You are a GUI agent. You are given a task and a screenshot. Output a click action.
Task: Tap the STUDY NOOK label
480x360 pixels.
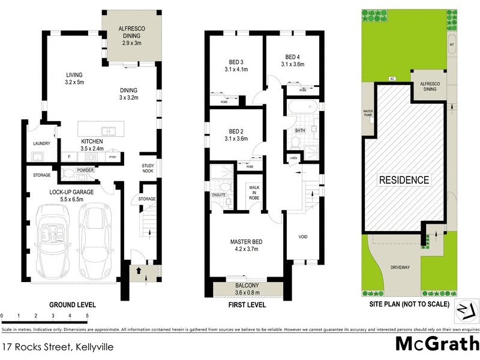pyautogui.click(x=148, y=169)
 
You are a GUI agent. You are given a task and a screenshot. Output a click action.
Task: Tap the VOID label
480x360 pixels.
pyautogui.click(x=303, y=236)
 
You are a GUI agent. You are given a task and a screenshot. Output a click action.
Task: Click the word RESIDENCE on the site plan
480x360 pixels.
pyautogui.click(x=403, y=180)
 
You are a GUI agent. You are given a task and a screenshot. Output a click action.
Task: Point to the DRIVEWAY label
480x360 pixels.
pyautogui.click(x=400, y=268)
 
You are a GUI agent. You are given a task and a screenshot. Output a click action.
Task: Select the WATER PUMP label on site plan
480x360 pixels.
pyautogui.click(x=368, y=113)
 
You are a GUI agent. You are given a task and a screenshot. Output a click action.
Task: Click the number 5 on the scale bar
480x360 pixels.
pyautogui.click(x=88, y=315)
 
